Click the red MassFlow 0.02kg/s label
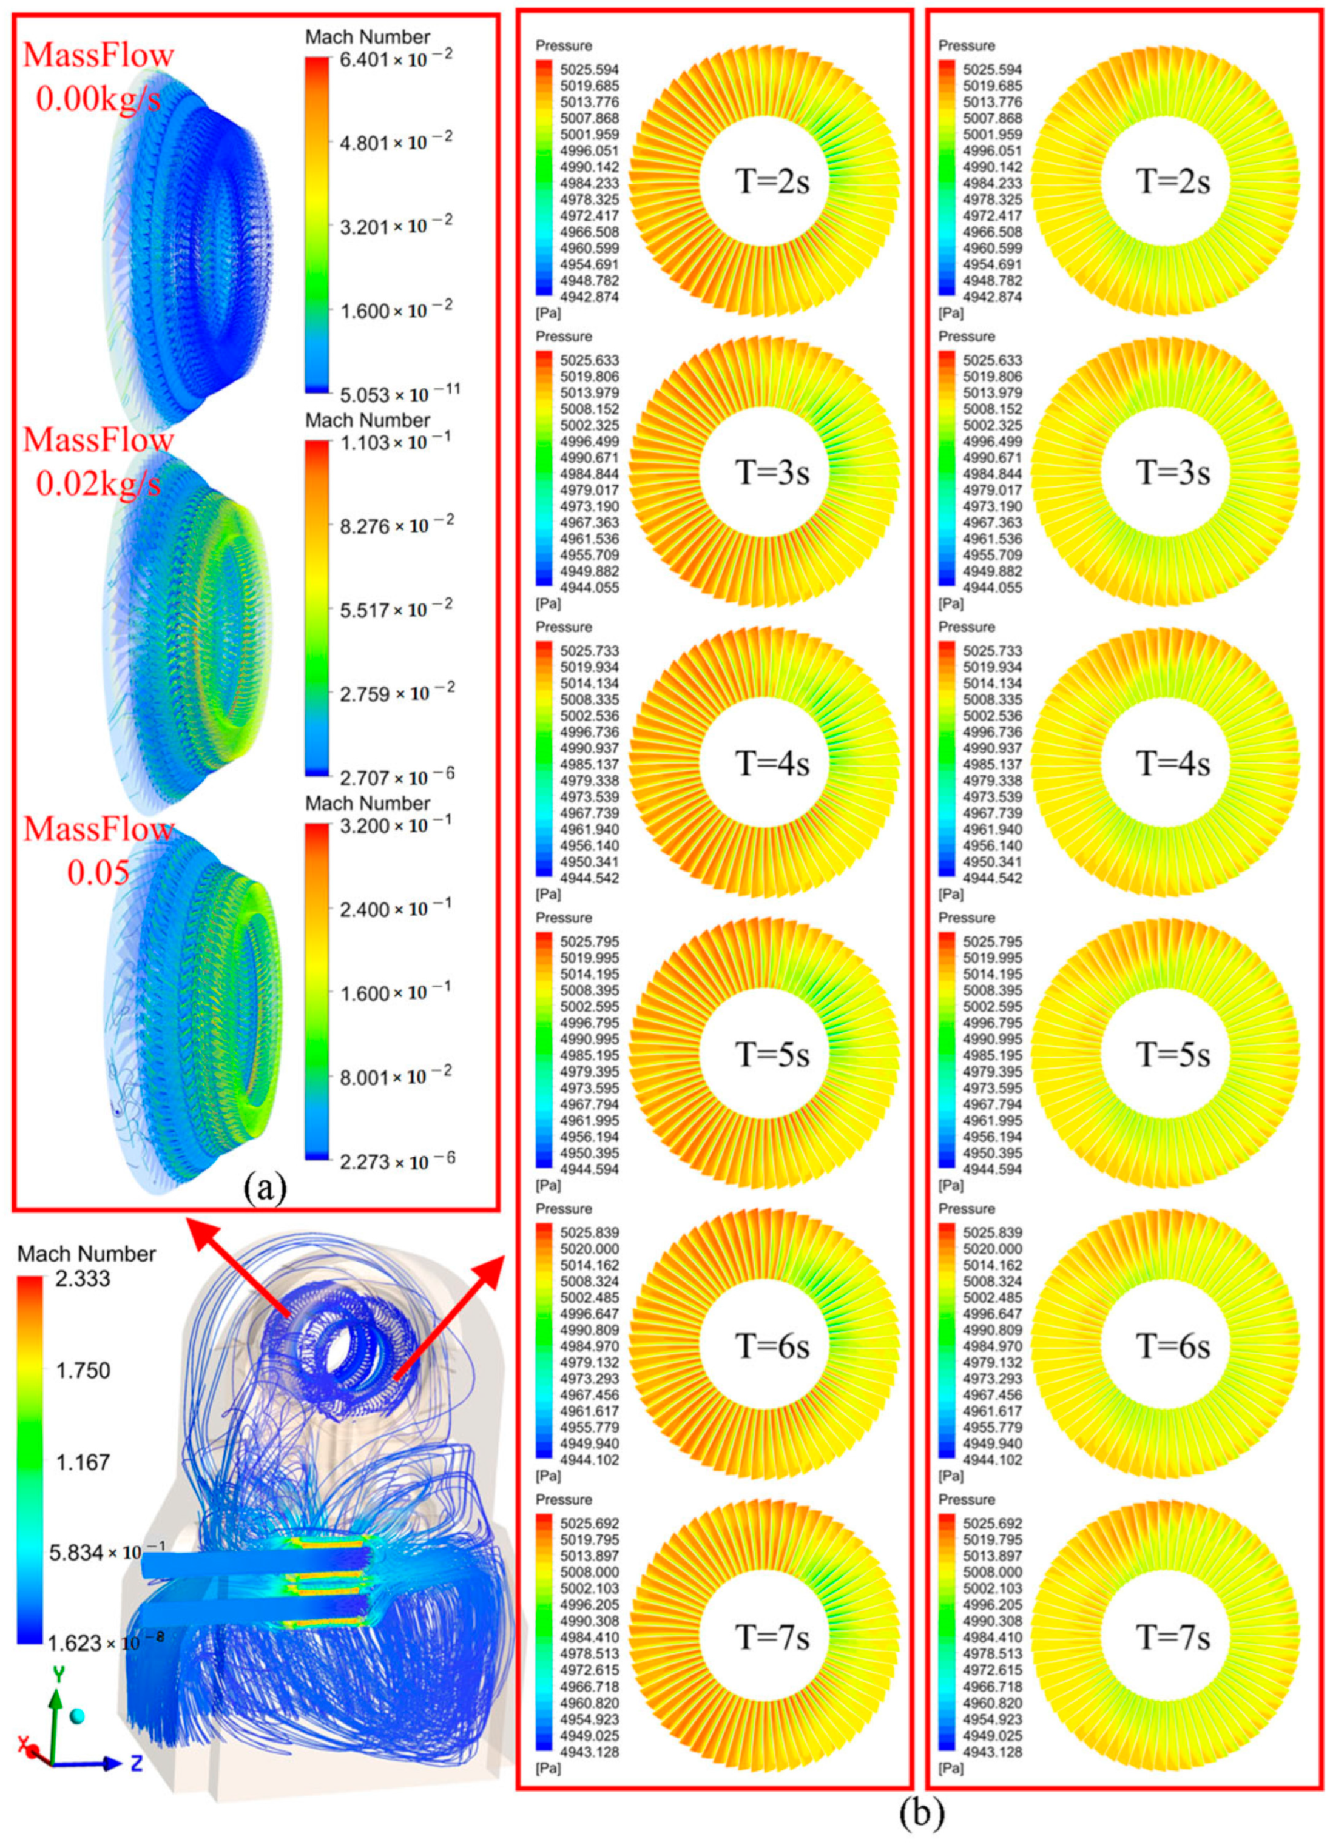click(x=98, y=460)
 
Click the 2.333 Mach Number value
click(x=84, y=1279)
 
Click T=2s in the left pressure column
click(x=772, y=182)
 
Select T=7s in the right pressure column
click(x=1172, y=1636)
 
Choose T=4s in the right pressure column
click(x=1172, y=763)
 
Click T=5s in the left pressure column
click(x=772, y=1054)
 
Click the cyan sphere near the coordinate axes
click(x=77, y=1716)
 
